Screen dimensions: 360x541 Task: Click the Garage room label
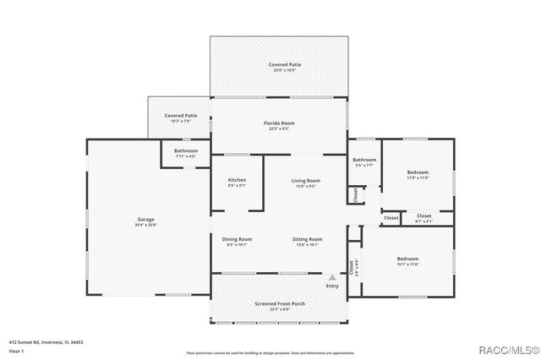pyautogui.click(x=146, y=221)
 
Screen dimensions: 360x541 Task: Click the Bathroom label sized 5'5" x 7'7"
pyautogui.click(x=364, y=161)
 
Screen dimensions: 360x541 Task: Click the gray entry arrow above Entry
pyautogui.click(x=332, y=276)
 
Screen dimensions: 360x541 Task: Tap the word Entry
pyautogui.click(x=332, y=286)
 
